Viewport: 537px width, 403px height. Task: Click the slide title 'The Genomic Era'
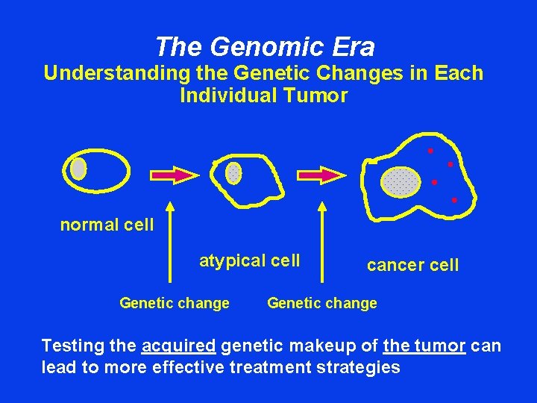pyautogui.click(x=265, y=48)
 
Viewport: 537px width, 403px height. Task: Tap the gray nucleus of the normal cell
pyautogui.click(x=78, y=169)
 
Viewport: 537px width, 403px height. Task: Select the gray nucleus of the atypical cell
pyautogui.click(x=233, y=172)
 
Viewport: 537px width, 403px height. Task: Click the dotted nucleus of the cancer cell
pyautogui.click(x=401, y=181)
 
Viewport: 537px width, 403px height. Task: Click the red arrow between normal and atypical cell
pyautogui.click(x=175, y=175)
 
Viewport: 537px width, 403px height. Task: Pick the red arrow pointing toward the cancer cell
pyautogui.click(x=322, y=175)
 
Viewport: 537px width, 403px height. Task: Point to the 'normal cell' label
pyautogui.click(x=107, y=225)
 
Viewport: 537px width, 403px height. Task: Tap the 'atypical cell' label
pyautogui.click(x=249, y=260)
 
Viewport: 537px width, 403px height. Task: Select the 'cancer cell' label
pyautogui.click(x=412, y=265)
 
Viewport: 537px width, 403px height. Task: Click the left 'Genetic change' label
pyautogui.click(x=175, y=303)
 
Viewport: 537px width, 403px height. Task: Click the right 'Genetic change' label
pyautogui.click(x=322, y=303)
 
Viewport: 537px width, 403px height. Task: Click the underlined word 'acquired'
pyautogui.click(x=178, y=346)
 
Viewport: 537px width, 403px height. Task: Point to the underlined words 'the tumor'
pyautogui.click(x=424, y=346)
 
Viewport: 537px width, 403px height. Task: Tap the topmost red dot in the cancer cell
pyautogui.click(x=430, y=151)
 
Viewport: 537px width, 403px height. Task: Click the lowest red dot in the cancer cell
pyautogui.click(x=453, y=200)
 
